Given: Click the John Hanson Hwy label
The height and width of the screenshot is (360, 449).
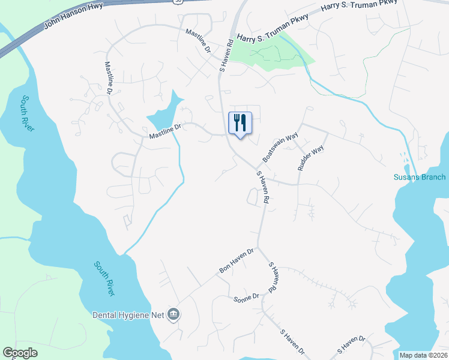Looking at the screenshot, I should (74, 16).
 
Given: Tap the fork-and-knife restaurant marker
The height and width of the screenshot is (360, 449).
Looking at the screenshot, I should (240, 123).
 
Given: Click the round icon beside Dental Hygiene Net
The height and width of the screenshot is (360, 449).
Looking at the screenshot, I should (173, 314).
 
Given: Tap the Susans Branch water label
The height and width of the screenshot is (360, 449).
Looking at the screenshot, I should (420, 177).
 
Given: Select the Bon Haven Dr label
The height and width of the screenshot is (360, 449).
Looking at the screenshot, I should (237, 261).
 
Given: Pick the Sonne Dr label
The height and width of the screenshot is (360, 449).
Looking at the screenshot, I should (246, 296).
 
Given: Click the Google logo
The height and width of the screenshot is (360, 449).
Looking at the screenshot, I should (20, 353).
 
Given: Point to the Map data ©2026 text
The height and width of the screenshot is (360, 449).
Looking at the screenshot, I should (423, 355).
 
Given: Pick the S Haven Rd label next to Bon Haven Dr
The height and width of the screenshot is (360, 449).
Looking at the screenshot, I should (272, 277).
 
